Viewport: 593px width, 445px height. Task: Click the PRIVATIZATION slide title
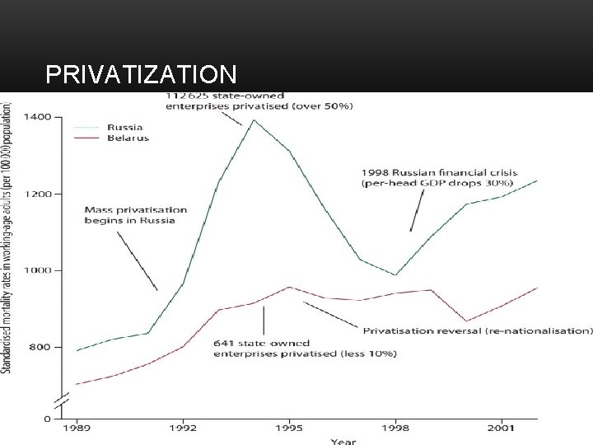click(141, 76)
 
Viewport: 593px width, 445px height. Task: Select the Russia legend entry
click(125, 128)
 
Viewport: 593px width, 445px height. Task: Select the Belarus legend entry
click(128, 138)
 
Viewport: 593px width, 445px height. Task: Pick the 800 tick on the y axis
click(40, 347)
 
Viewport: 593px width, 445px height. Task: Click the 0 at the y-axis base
click(46, 419)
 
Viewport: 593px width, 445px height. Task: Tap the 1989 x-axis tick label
click(77, 429)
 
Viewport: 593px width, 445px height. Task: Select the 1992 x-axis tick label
click(183, 429)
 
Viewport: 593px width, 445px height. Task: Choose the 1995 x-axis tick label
click(288, 429)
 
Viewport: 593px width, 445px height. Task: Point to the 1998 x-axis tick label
click(395, 429)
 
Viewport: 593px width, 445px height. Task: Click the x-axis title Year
click(343, 441)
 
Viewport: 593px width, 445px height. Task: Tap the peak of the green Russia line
click(254, 120)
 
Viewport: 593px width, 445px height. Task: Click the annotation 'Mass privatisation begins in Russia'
click(136, 215)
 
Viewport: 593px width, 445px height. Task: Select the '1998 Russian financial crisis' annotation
click(437, 177)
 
